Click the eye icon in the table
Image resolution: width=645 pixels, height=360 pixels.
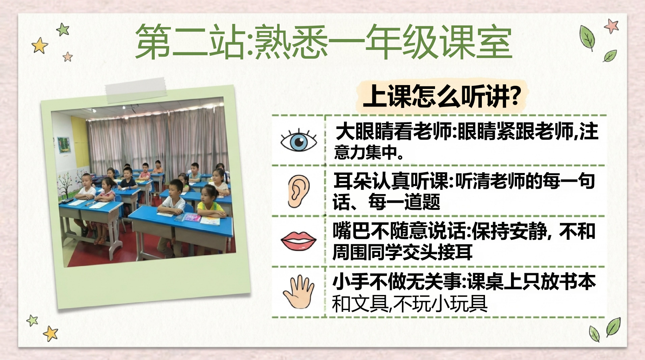click(x=299, y=140)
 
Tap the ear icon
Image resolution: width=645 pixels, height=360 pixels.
click(x=298, y=191)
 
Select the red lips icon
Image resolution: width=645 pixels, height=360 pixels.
click(x=299, y=241)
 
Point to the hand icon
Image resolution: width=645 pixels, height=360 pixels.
click(x=299, y=292)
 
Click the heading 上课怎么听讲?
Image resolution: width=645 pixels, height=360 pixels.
click(x=442, y=96)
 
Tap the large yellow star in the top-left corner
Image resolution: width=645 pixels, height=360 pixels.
click(x=40, y=45)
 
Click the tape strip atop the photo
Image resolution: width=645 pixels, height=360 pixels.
click(x=136, y=90)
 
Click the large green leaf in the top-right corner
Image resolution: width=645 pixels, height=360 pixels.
click(x=587, y=38)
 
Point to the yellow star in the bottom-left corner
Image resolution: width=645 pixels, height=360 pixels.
click(x=50, y=333)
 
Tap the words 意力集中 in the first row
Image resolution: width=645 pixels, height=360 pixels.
click(x=365, y=152)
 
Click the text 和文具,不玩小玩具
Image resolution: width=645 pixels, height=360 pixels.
click(x=410, y=303)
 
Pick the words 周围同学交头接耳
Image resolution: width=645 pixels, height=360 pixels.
click(x=402, y=252)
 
